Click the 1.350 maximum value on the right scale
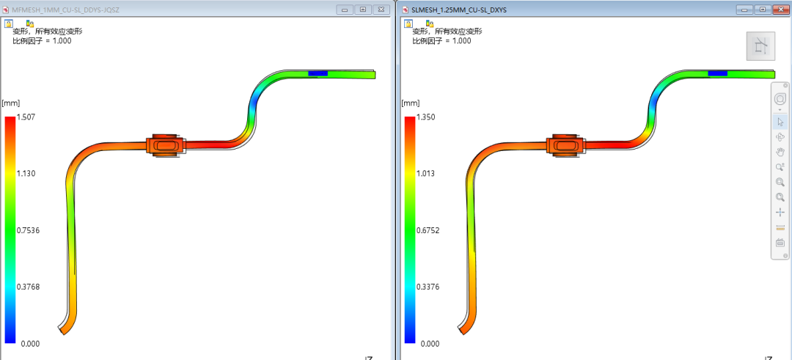[425, 117]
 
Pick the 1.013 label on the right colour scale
[425, 174]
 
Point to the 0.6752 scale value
[428, 231]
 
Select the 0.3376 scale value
[428, 287]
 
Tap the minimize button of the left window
[345, 9]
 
